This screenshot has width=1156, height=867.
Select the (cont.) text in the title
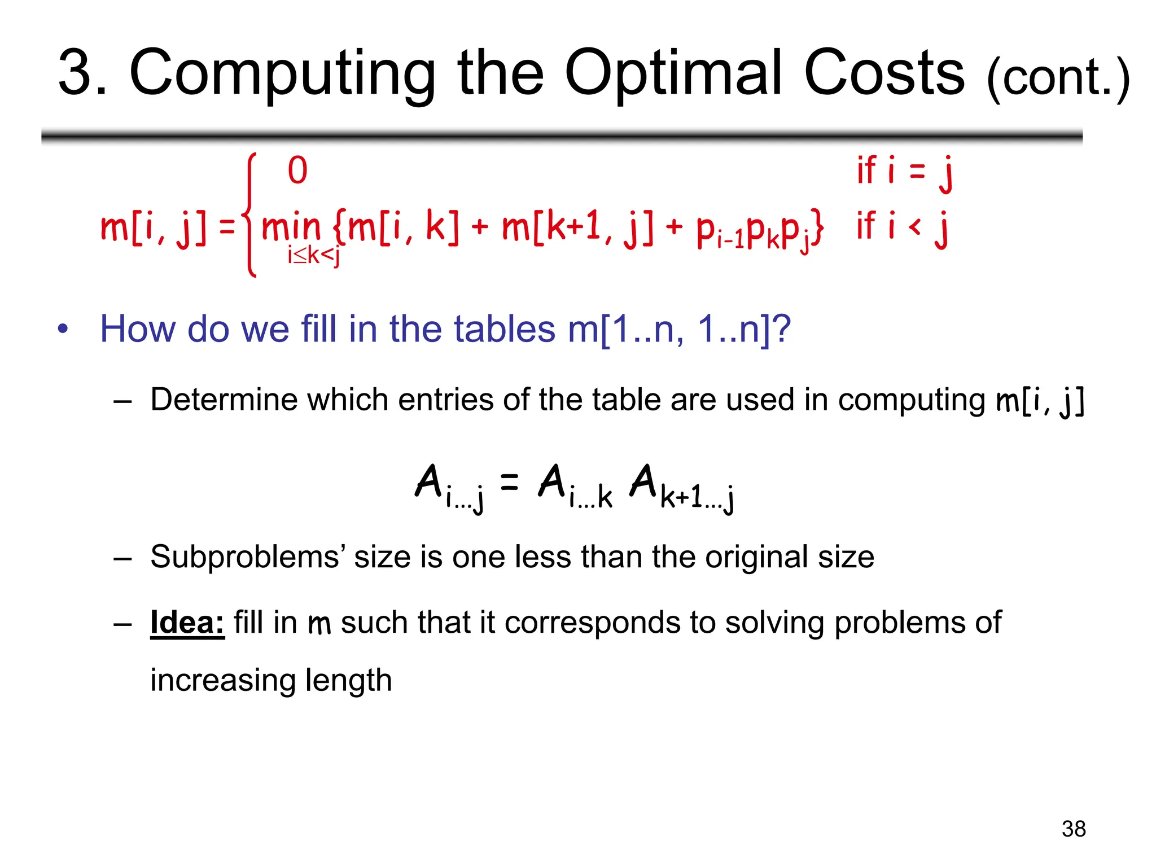click(1058, 79)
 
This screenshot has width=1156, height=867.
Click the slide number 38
click(1073, 829)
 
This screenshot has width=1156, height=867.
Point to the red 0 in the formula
click(297, 170)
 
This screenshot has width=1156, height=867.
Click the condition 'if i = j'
click(904, 172)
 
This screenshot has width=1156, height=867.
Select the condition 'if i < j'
click(902, 227)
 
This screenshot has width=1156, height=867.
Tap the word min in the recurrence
click(291, 227)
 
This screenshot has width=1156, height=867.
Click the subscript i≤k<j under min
click(313, 256)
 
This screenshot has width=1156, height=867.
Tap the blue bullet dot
click(63, 329)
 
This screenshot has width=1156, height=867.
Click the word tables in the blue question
click(505, 329)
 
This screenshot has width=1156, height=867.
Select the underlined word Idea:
click(187, 623)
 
